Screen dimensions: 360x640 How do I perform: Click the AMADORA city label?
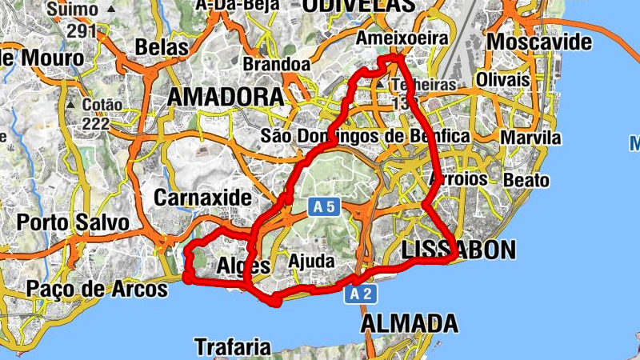pyautogui.click(x=226, y=98)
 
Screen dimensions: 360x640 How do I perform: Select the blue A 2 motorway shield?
pyautogui.click(x=360, y=294)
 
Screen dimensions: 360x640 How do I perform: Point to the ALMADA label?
pyautogui.click(x=410, y=323)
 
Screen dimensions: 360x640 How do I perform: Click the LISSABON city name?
pyautogui.click(x=458, y=250)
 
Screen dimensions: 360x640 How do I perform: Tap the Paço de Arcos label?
pyautogui.click(x=97, y=288)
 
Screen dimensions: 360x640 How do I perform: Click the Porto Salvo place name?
pyautogui.click(x=73, y=222)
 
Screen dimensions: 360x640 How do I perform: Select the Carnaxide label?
pyautogui.click(x=202, y=197)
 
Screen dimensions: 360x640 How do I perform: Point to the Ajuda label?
pyautogui.click(x=310, y=262)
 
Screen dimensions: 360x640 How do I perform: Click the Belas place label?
pyautogui.click(x=162, y=48)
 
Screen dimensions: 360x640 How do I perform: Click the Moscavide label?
pyautogui.click(x=539, y=42)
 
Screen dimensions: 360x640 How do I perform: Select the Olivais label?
pyautogui.click(x=503, y=81)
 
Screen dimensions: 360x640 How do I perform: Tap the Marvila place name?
pyautogui.click(x=530, y=138)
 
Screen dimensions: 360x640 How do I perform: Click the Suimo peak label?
pyautogui.click(x=72, y=10)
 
